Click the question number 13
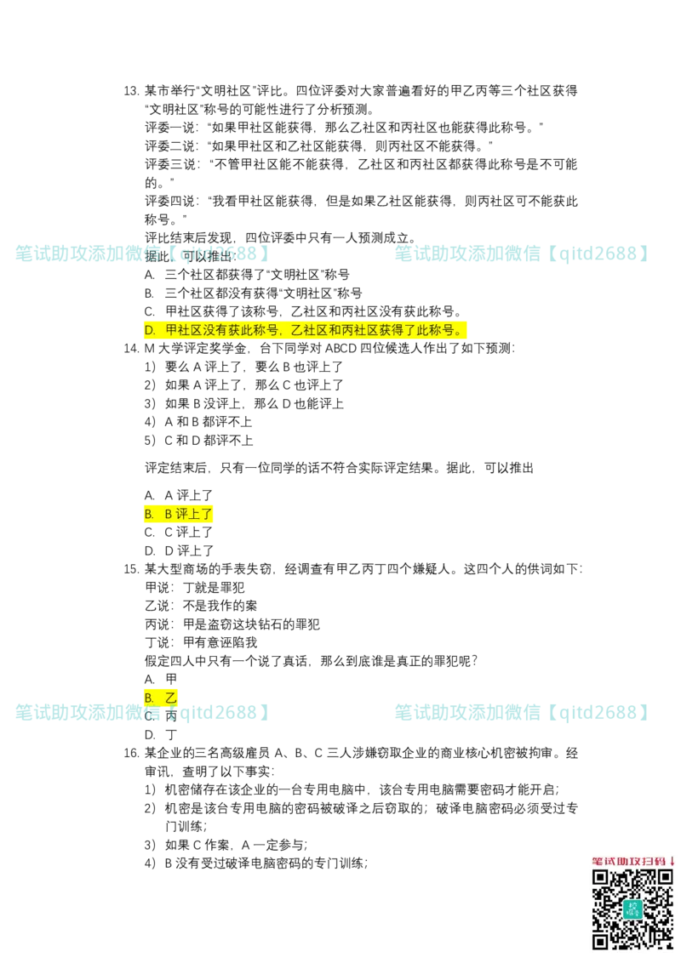(x=132, y=92)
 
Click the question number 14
(x=132, y=349)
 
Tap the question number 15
(x=132, y=569)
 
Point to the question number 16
(x=132, y=754)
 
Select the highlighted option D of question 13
(x=305, y=330)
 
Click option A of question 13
(x=247, y=275)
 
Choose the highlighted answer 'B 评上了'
(x=179, y=514)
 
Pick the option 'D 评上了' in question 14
(x=179, y=551)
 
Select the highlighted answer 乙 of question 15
(x=160, y=698)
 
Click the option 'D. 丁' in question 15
(x=161, y=735)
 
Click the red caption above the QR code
(x=633, y=862)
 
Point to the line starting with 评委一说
(x=344, y=128)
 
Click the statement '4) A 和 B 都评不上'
(x=198, y=422)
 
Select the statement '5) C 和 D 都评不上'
(x=198, y=441)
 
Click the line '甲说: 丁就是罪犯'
(x=195, y=588)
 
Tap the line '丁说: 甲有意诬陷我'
(x=201, y=643)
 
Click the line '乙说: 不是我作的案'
(x=201, y=607)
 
